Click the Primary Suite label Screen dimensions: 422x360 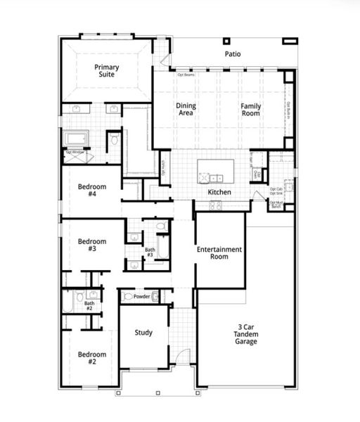pos(108,71)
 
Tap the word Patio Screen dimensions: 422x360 pos(233,53)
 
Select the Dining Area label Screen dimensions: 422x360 pos(186,109)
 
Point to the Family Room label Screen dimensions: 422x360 pos(251,109)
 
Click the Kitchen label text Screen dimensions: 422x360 pos(219,192)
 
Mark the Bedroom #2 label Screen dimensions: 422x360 pos(91,358)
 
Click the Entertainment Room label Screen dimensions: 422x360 pos(219,253)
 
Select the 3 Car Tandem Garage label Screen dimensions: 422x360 pos(246,334)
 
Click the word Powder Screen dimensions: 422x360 pos(142,297)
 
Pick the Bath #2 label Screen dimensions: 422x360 pos(89,306)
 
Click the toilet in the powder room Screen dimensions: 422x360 pos(128,297)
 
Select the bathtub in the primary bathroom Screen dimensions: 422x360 pos(75,138)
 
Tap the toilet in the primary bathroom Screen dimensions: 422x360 pos(114,140)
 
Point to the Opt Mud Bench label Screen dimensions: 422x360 pos(276,205)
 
